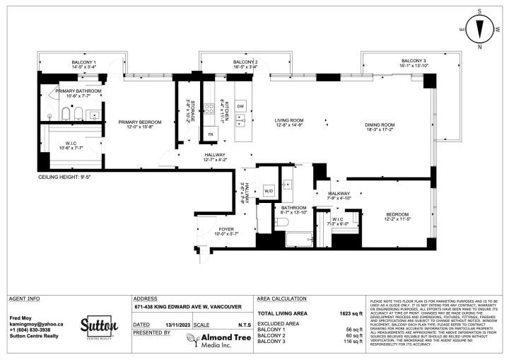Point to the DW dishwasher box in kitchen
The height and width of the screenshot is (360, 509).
point(241,106)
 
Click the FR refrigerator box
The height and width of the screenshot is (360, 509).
point(210,134)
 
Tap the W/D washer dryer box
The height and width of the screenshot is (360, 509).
point(269,191)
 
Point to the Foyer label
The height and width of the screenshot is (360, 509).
point(226,231)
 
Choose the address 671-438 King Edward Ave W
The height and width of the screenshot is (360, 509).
point(187,307)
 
